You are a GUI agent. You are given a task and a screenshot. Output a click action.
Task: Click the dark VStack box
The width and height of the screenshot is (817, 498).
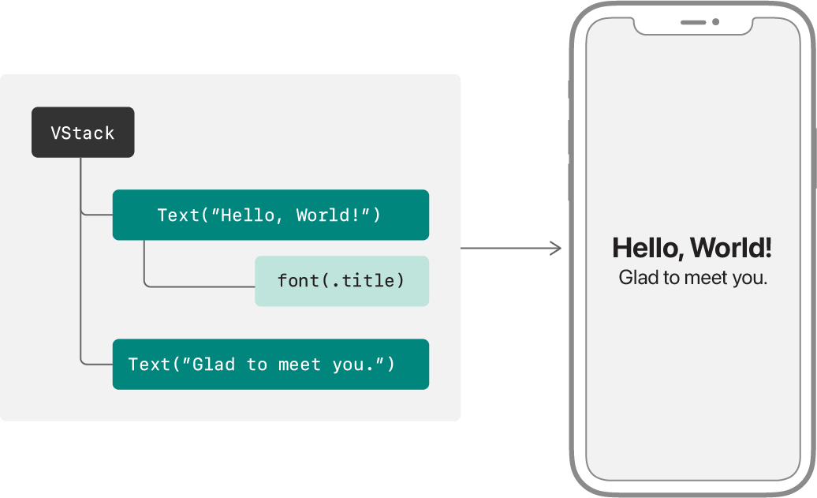point(83,133)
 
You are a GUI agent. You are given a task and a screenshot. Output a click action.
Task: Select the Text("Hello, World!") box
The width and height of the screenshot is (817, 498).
point(270,215)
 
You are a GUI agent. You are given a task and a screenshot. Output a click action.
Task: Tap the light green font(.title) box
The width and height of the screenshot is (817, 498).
point(341,281)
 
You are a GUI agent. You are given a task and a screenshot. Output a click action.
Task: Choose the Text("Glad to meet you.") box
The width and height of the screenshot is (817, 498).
point(270,365)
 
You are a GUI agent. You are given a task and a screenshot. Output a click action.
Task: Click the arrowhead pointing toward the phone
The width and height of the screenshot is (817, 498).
point(557,249)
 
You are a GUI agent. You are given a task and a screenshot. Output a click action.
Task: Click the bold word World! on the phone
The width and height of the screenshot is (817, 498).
point(730,248)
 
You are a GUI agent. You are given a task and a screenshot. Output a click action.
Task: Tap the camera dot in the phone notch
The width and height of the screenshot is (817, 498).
point(716,22)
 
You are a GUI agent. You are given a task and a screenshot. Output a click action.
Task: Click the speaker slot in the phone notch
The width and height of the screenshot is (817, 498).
point(693,22)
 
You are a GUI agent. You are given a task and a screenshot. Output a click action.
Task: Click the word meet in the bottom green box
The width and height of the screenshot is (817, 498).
point(300,365)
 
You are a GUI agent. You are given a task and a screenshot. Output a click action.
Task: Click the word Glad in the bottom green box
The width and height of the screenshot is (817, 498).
point(214,365)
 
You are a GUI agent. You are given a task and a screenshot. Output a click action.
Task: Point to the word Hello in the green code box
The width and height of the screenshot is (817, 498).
point(248,215)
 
